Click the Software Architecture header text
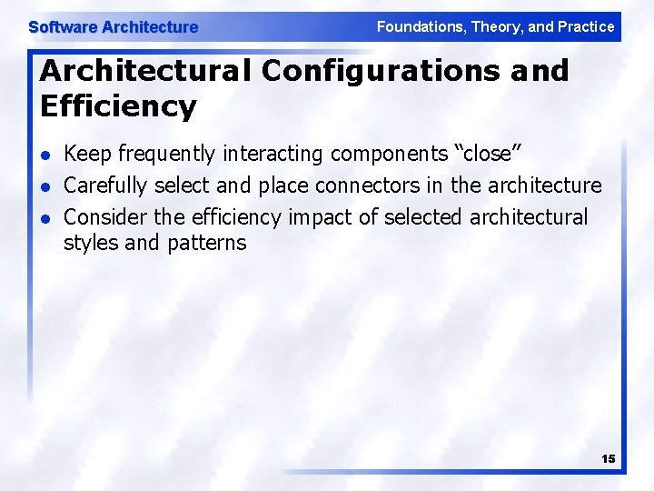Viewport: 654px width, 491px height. point(113,27)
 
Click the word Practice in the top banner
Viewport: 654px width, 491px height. point(586,26)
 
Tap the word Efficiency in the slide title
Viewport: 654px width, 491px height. point(118,106)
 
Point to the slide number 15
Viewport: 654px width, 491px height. point(608,459)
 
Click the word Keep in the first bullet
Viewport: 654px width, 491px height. point(83,155)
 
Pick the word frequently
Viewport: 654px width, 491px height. point(158,155)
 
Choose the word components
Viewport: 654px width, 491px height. point(381,155)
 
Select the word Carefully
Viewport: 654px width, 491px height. point(105,186)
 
